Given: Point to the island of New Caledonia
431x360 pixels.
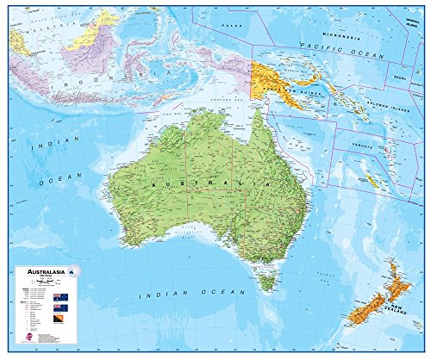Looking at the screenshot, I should [x=372, y=180].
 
